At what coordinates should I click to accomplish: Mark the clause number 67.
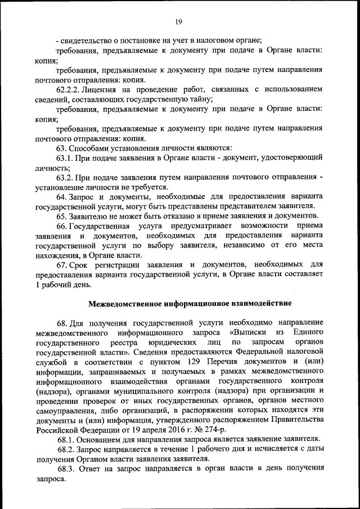pos(61,265)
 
